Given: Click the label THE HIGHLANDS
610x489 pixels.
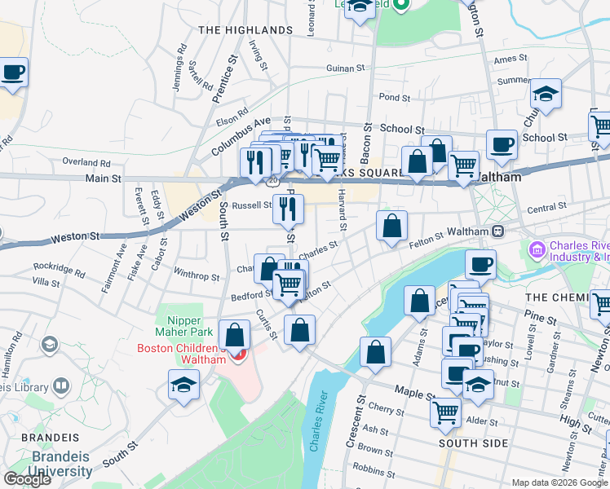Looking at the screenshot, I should [245, 30].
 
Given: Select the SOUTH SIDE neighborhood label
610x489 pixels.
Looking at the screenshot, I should [473, 443].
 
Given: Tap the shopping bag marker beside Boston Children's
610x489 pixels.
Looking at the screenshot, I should [235, 335].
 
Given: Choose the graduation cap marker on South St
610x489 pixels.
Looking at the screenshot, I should [184, 385].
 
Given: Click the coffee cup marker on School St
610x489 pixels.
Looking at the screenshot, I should [502, 145].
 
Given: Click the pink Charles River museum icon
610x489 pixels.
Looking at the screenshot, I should [537, 248].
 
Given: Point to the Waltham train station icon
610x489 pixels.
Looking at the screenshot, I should [497, 231].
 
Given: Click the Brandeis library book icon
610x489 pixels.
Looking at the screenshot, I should [61, 385].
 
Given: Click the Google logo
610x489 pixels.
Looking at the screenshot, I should [27, 479].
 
